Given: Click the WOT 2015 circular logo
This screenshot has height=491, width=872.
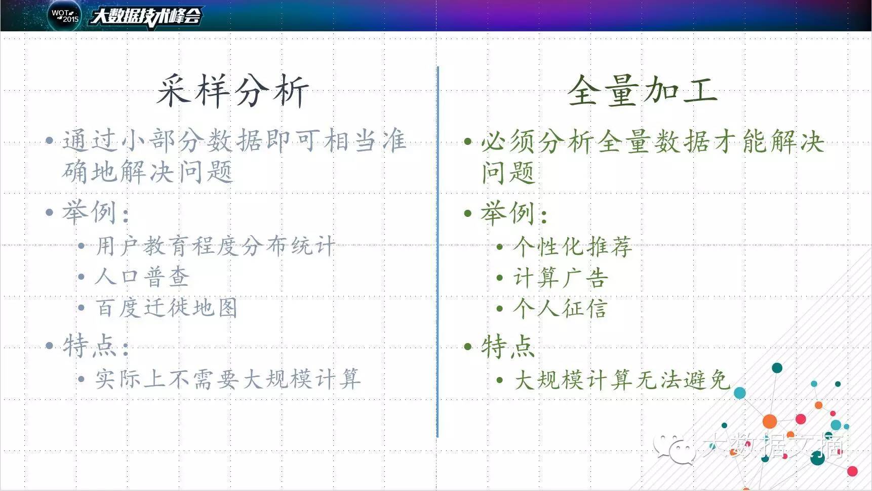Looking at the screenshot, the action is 65,15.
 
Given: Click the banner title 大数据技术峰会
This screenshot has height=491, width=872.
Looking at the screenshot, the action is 146,16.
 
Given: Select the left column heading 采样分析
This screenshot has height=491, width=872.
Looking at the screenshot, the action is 232,91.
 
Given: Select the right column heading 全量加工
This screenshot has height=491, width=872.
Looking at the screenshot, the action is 642,91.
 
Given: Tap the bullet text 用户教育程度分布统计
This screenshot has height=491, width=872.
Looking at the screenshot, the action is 215,247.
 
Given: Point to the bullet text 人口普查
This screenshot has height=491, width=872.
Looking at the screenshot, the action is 142,277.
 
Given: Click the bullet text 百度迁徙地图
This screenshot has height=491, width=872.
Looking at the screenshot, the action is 167,308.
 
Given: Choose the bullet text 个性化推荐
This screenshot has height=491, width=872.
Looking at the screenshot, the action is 573,247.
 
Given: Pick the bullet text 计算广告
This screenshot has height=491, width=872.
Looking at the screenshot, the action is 561,278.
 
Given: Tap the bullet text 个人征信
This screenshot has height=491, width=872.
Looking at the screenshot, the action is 560,308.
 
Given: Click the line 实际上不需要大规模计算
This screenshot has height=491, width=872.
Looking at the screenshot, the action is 228,379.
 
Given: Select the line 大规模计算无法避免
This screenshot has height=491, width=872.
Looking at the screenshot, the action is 622,380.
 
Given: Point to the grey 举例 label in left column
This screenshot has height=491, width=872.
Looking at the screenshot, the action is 96,212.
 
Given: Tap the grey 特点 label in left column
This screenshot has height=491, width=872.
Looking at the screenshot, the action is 96,346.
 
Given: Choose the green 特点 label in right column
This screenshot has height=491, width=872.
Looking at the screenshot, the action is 508,347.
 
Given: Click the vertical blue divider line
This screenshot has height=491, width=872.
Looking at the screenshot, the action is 438,251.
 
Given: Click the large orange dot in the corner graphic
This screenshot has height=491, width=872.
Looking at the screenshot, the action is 770,421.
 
